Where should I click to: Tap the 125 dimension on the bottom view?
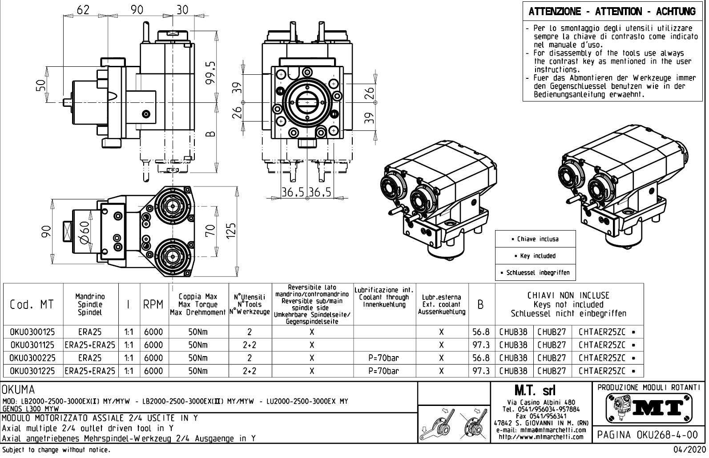[231, 231]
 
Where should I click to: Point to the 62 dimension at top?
[83, 9]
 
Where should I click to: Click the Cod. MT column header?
[32, 304]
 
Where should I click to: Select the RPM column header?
[153, 304]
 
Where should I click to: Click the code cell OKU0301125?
[32, 345]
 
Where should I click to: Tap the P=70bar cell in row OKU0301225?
[383, 371]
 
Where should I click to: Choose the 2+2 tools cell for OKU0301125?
[250, 345]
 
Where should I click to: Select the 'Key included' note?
[535, 256]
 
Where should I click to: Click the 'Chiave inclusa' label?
[535, 239]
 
